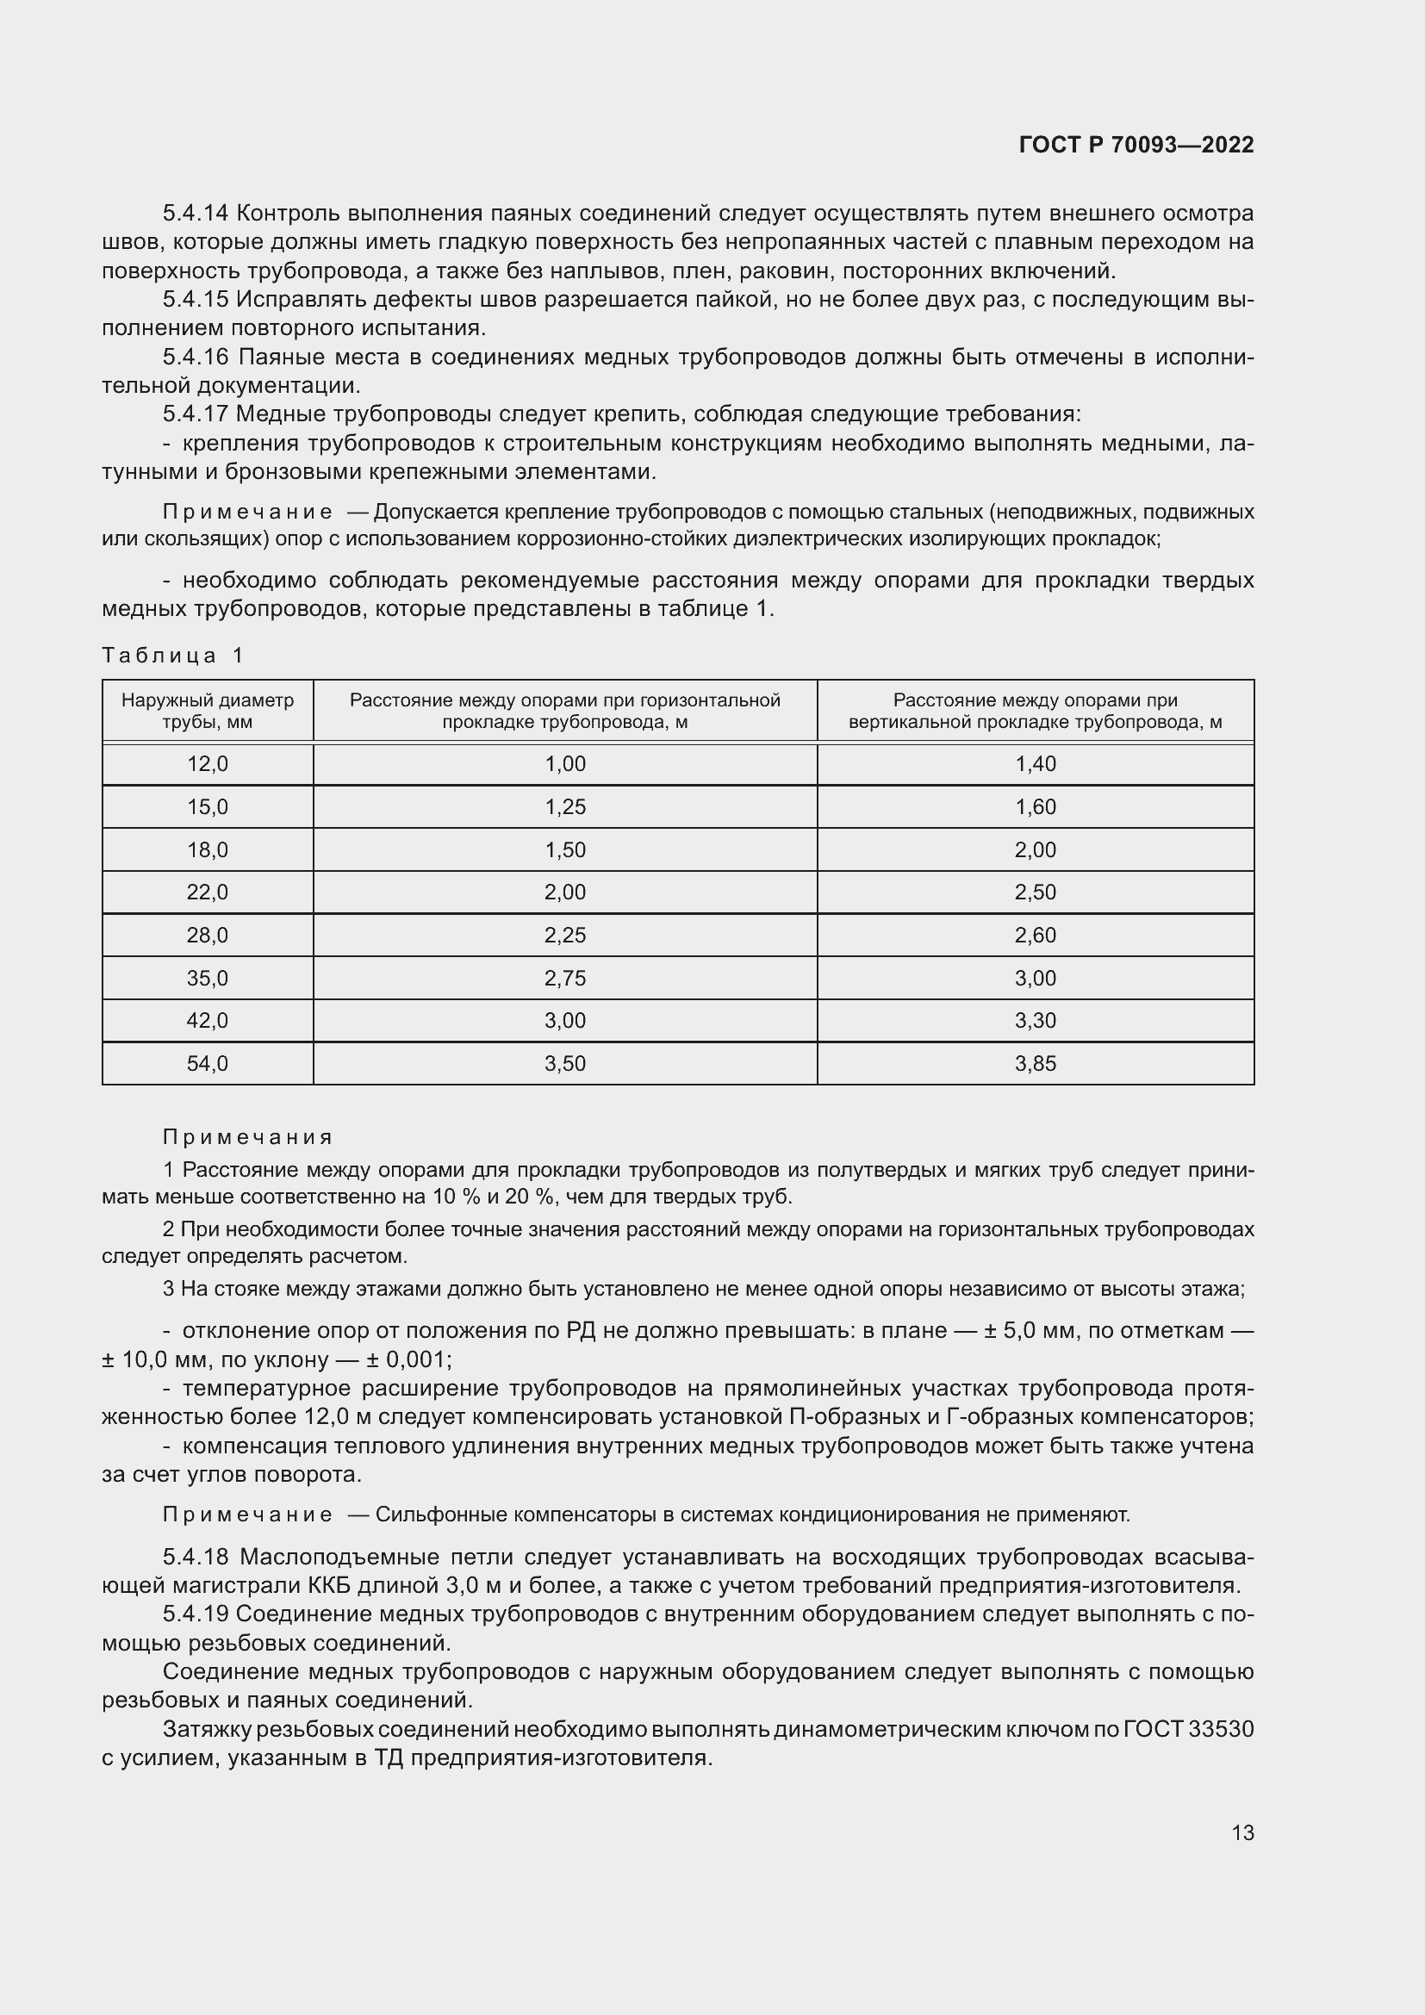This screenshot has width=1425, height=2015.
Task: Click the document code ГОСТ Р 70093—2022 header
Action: click(x=1136, y=146)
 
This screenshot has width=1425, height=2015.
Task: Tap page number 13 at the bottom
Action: click(x=1241, y=1832)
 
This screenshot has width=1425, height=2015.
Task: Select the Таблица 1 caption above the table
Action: click(x=173, y=656)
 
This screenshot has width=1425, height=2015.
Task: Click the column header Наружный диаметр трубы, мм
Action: click(x=207, y=711)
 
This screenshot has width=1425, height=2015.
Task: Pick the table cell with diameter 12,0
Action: click(x=207, y=763)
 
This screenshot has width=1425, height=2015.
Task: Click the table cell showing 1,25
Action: click(x=565, y=806)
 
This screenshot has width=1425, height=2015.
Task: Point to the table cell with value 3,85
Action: click(x=1035, y=1064)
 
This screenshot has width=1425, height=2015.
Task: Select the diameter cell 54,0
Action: click(x=207, y=1064)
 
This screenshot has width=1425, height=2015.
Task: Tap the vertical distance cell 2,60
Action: click(x=1035, y=935)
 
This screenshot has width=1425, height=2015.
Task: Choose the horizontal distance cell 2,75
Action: click(x=565, y=978)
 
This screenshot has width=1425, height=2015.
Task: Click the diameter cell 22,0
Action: click(x=207, y=892)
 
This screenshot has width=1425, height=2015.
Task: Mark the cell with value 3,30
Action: click(x=1035, y=1021)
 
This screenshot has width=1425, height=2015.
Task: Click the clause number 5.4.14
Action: click(x=195, y=214)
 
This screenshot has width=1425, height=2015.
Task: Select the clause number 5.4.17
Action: click(x=195, y=414)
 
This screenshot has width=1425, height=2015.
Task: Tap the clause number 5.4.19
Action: click(x=195, y=1614)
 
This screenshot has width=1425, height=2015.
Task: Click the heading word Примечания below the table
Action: click(x=247, y=1137)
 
